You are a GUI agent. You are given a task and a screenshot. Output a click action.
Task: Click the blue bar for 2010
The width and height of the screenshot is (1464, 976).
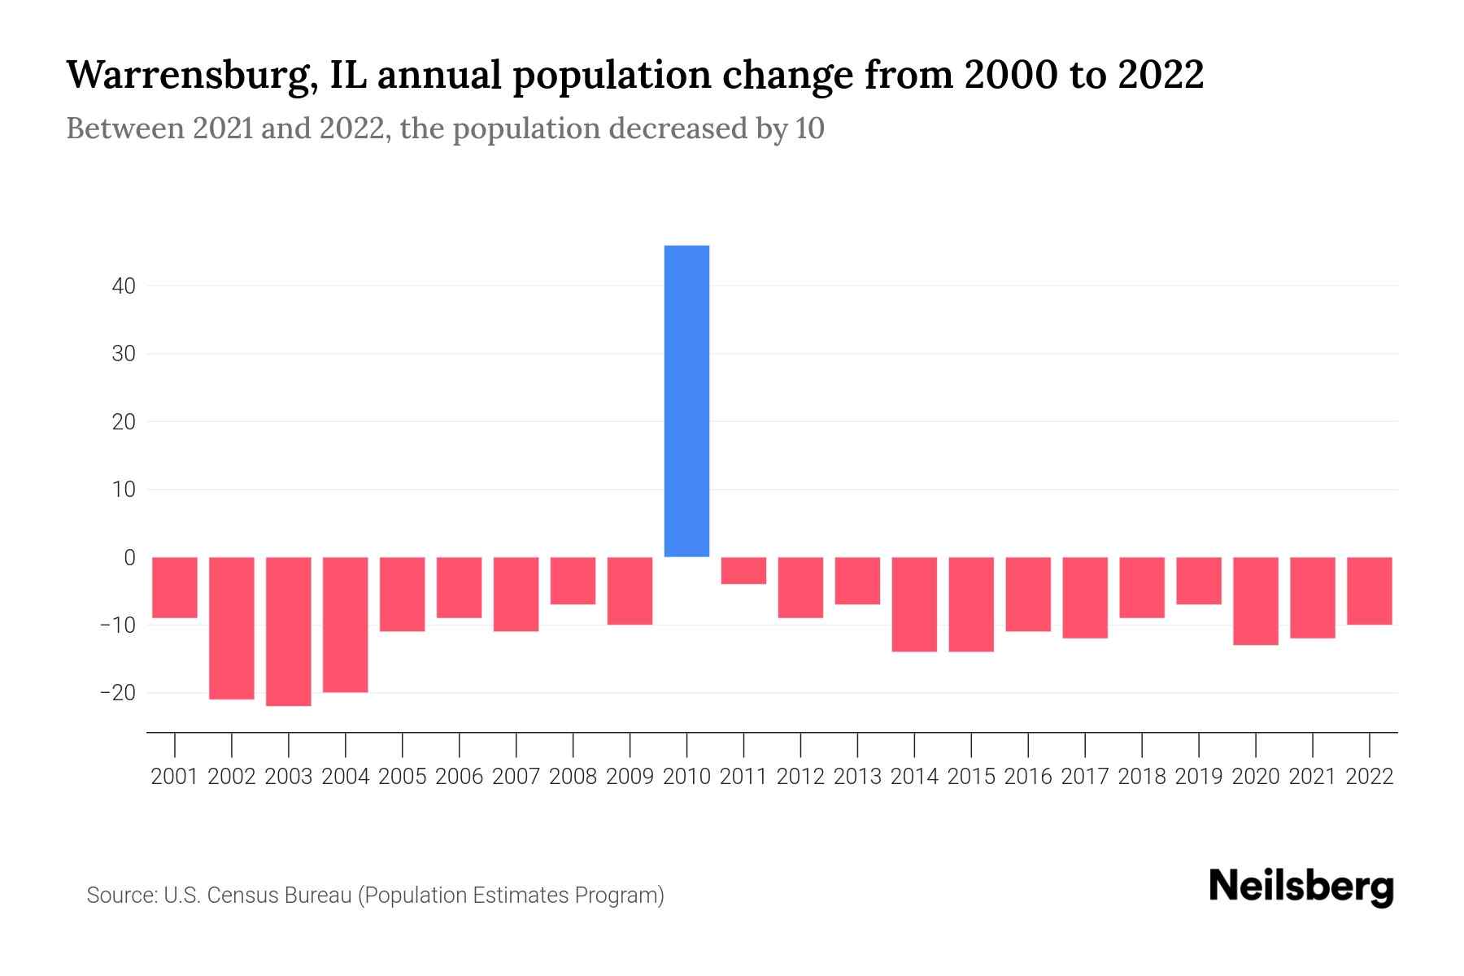tap(686, 401)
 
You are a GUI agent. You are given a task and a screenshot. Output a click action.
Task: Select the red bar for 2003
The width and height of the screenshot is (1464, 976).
tap(289, 631)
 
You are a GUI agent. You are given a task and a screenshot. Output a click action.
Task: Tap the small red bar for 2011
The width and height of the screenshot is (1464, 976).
tap(743, 570)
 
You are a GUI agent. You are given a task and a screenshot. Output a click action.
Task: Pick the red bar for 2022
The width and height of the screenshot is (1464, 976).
tap(1370, 590)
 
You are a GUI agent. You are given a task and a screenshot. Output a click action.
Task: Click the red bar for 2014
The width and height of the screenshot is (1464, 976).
tap(914, 604)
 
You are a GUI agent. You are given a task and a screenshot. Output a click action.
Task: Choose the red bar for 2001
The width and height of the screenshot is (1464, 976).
tap(175, 587)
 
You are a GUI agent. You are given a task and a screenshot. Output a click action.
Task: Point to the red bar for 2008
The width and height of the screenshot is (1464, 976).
tap(573, 581)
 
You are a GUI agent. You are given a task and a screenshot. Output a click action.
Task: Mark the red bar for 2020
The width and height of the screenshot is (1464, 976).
tap(1256, 601)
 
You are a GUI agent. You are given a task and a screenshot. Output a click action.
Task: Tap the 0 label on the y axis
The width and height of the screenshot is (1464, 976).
tap(129, 558)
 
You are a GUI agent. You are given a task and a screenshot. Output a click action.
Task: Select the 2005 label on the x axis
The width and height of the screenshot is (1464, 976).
tap(403, 777)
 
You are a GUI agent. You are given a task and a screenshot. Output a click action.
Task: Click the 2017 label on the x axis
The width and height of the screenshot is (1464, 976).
tap(1085, 777)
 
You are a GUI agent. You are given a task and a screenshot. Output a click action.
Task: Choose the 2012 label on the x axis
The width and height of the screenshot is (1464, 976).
tap(800, 777)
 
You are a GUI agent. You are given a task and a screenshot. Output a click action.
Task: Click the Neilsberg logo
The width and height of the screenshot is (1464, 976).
tap(1301, 887)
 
